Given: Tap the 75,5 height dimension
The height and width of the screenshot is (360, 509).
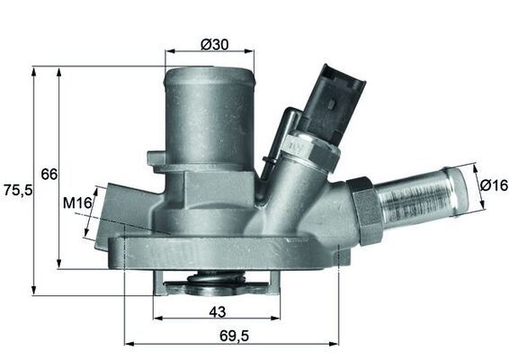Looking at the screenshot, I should point(16,190).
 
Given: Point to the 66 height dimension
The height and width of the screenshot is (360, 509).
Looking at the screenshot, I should point(49,173).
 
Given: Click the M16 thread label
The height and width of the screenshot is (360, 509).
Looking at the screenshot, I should point(79,204).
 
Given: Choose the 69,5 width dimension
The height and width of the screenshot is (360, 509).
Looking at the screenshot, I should point(232,334).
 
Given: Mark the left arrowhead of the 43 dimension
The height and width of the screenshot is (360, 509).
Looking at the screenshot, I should point(158,319).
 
